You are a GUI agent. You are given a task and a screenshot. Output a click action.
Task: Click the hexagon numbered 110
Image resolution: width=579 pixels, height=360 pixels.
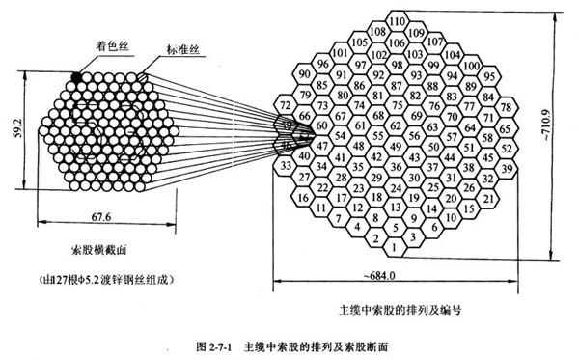tap(396, 20)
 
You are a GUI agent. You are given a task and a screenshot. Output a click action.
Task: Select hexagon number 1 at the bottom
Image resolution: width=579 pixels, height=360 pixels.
tap(396, 248)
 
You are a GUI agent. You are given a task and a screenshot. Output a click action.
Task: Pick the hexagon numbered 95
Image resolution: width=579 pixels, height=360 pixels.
tap(490, 74)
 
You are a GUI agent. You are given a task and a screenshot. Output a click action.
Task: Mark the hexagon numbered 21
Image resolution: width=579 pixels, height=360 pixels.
tap(489, 196)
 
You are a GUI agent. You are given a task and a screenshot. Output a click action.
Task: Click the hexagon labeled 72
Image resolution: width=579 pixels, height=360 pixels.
tap(284, 105)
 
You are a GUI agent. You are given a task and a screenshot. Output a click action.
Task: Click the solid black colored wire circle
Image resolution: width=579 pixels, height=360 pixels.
tap(76, 74)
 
